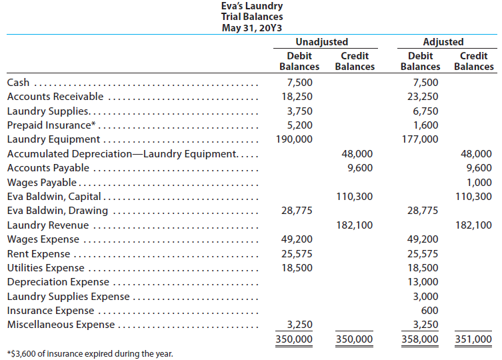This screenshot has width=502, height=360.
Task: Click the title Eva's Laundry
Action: tap(252, 6)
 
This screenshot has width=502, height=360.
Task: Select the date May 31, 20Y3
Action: tap(252, 28)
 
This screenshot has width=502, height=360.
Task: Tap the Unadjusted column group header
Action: tap(322, 41)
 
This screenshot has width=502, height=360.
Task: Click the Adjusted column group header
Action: tap(443, 41)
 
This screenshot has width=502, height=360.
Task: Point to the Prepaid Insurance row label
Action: tap(51, 125)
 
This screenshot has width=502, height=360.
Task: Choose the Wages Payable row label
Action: tap(42, 182)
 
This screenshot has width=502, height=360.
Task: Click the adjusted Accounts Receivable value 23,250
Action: tap(423, 97)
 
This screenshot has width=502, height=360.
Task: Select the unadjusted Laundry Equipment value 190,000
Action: tap(294, 139)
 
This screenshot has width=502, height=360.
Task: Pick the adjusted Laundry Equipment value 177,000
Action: tap(420, 139)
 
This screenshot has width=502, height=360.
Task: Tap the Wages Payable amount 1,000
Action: tap(479, 182)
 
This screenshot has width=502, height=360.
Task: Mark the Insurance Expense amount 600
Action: tap(429, 311)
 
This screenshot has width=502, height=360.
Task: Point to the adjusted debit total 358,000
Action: tap(420, 339)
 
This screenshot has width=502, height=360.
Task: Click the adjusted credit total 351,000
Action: tap(473, 339)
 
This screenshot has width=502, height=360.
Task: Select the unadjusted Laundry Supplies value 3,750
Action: tap(299, 111)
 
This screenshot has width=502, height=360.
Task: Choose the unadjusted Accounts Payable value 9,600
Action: tap(360, 168)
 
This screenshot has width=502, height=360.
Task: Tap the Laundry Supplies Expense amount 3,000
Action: tap(425, 296)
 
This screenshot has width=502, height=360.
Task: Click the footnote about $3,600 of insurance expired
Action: tap(90, 353)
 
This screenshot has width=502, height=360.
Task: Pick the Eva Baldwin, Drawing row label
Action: tap(57, 211)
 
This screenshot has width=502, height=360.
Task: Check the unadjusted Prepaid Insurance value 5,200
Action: tap(299, 125)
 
